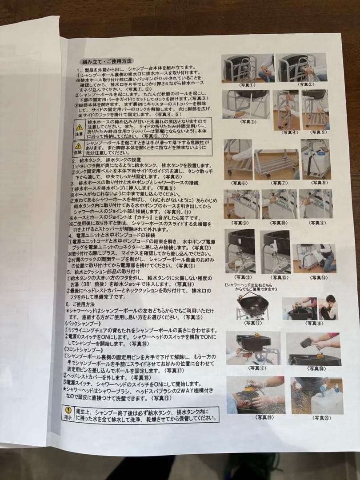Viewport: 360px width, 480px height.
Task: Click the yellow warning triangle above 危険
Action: pos(78,146)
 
